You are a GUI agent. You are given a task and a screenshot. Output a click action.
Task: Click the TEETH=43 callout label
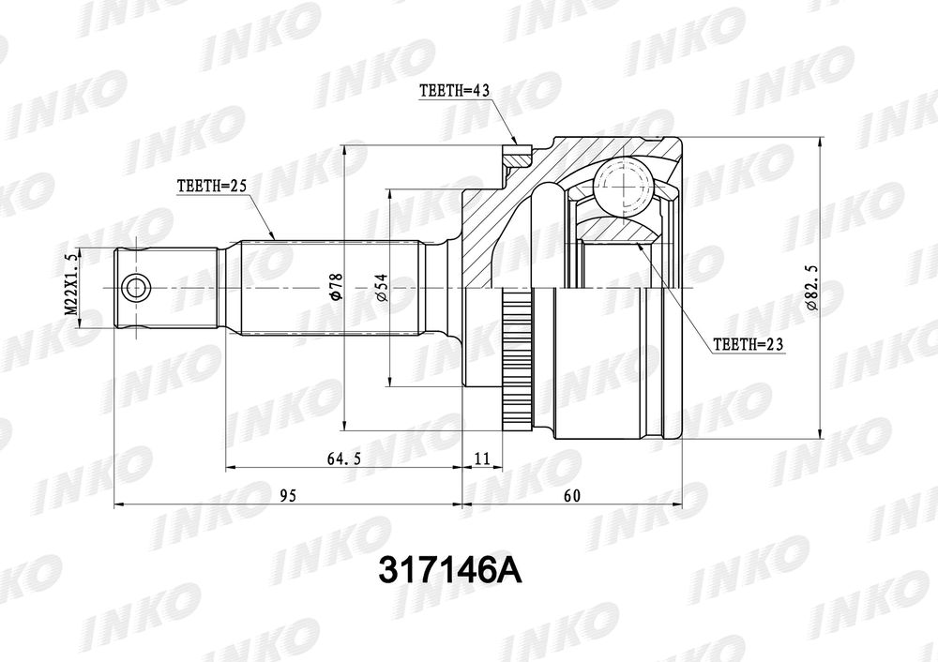(455, 91)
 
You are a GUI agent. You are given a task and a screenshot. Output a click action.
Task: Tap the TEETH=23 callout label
(748, 344)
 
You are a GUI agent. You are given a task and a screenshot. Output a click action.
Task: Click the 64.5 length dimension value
(344, 459)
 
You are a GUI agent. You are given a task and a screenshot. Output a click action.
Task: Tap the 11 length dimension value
(482, 459)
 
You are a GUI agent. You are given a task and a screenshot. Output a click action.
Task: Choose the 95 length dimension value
(288, 496)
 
